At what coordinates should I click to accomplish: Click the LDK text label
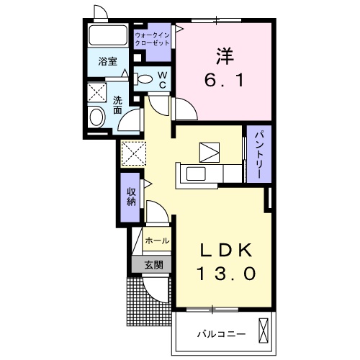point(225,250)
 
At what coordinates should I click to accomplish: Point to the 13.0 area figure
point(225,273)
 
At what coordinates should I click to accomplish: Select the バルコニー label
point(221,333)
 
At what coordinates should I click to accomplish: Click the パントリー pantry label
point(258,153)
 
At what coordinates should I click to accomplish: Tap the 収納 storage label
point(132,195)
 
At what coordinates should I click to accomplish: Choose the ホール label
point(158,240)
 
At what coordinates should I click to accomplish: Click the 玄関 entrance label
point(153,265)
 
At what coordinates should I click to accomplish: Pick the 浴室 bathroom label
point(108,62)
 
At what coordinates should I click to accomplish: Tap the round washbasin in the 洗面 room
point(96,116)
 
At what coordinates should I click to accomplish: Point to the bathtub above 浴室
point(108,36)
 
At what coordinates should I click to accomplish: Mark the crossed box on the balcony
point(264,331)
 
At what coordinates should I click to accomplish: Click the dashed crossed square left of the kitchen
point(134,153)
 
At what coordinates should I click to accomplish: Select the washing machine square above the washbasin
point(96,92)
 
